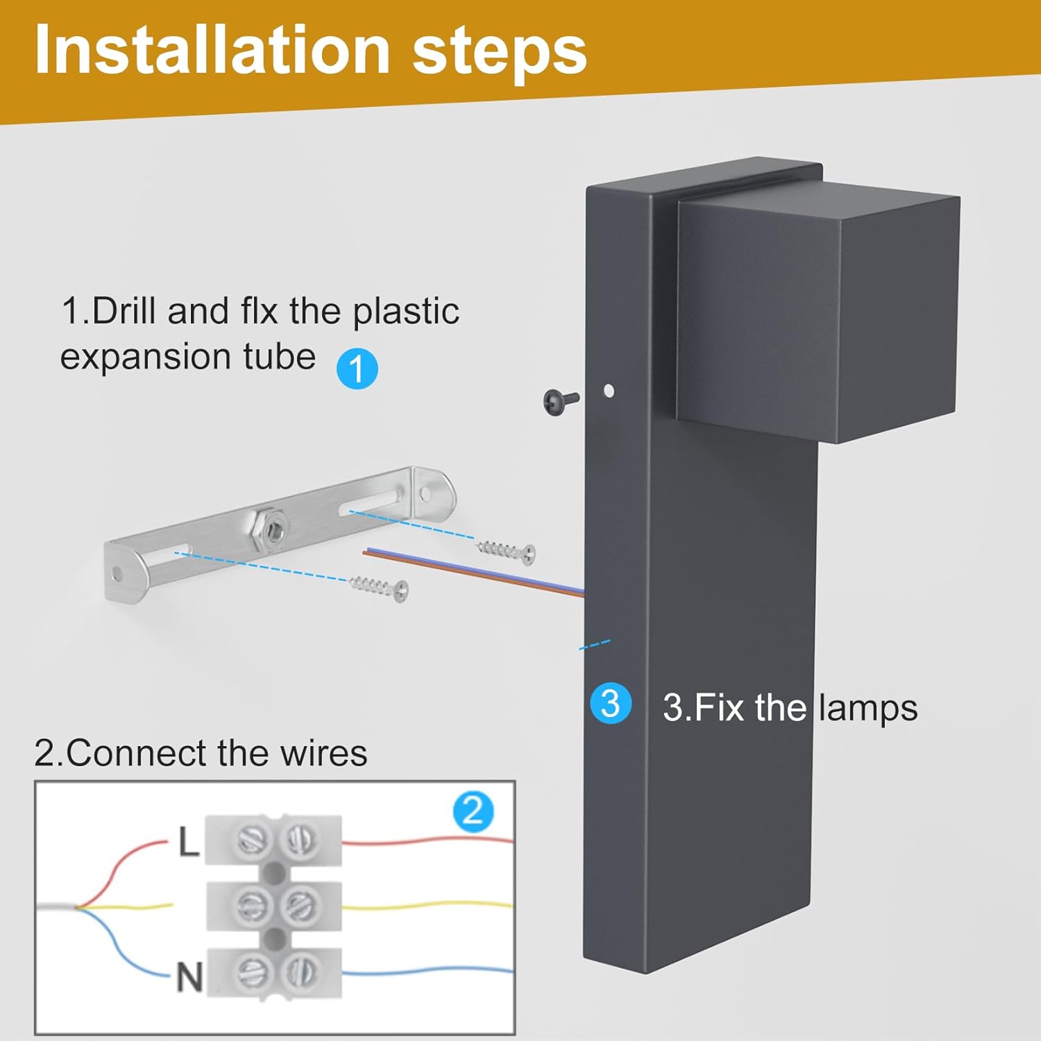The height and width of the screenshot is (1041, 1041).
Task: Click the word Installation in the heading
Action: coord(212,49)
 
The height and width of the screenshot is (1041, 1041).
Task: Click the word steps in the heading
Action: coord(500,53)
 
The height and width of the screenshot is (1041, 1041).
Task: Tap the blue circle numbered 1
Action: coord(357,368)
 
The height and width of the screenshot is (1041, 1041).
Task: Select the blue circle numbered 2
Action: coord(473,811)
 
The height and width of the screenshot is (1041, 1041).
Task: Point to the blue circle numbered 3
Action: coord(611,703)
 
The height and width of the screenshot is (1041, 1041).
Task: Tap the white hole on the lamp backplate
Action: coord(609,391)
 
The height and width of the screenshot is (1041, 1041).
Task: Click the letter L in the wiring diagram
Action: coord(189,842)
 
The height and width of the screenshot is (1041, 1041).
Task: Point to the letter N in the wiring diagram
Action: coord(189,977)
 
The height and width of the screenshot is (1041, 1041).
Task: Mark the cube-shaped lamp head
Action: coord(818,311)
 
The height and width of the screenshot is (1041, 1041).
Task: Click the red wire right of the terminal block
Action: coord(428,842)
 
